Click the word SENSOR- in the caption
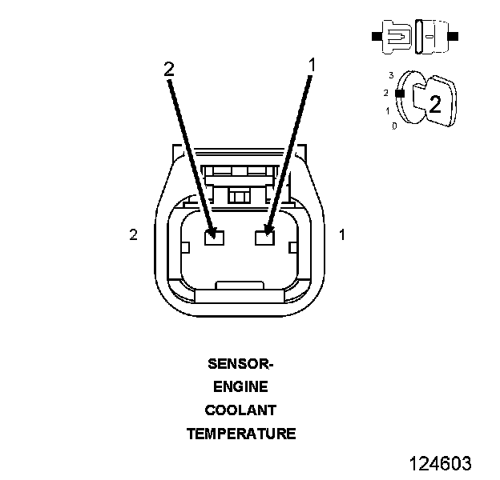coord(240,364)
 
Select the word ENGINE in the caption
coord(240,387)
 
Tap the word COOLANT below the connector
coord(240,410)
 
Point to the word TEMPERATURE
coord(240,434)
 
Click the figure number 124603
coord(440,463)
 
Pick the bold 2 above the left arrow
coord(168,70)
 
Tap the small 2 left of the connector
coord(134,234)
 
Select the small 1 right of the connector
coord(342,234)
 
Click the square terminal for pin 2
coord(212,237)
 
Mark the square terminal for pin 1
coord(264,237)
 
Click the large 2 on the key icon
coord(435,103)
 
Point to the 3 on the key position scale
coord(390,75)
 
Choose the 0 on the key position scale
coord(394,126)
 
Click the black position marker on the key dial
coord(398,93)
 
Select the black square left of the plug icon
coord(376,36)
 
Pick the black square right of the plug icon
coord(454,36)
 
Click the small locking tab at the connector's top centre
coord(238,195)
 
